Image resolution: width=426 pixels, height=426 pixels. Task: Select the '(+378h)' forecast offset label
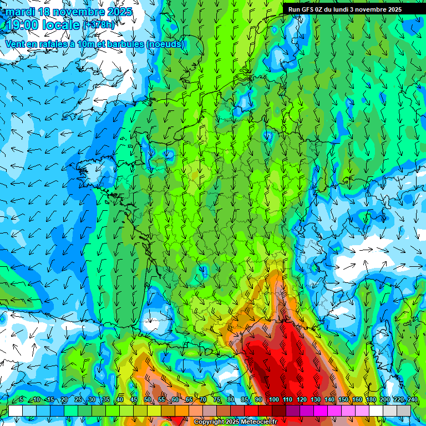click(x=99, y=24)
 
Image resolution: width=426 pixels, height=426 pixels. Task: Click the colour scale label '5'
click(x=21, y=399)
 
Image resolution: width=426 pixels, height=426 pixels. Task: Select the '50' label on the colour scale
click(x=148, y=399)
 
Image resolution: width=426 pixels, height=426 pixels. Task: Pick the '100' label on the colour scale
click(x=274, y=399)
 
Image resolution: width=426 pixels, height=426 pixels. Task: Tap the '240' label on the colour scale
click(x=412, y=399)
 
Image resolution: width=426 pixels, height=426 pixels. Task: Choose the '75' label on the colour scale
click(x=217, y=399)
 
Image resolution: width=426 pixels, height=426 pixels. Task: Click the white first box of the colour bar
click(x=16, y=410)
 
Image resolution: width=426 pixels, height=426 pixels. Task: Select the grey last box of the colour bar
click(x=404, y=410)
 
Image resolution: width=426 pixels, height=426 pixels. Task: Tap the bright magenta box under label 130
click(x=321, y=410)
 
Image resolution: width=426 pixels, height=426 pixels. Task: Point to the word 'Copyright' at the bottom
click(x=209, y=422)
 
